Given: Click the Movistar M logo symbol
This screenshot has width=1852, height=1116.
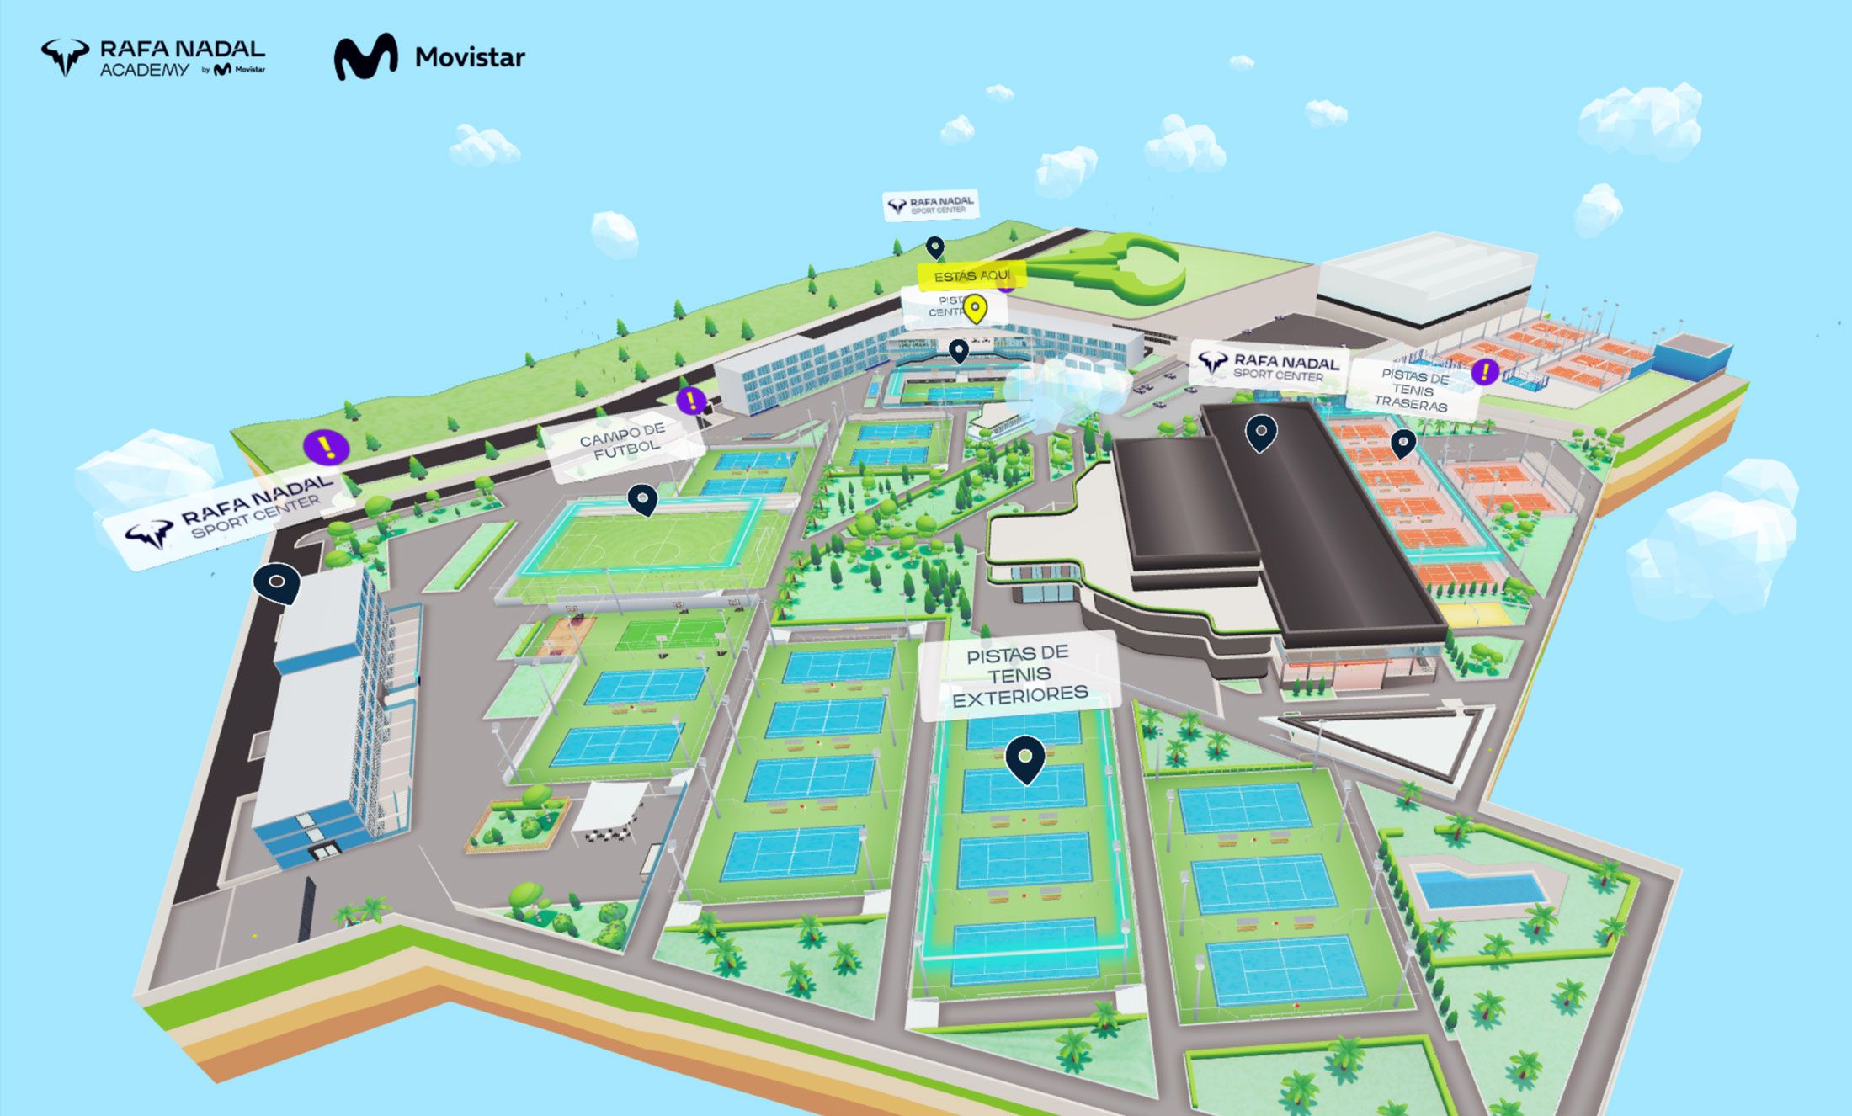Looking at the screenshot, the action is tap(365, 57).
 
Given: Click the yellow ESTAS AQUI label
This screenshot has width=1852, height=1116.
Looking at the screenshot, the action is tap(971, 275).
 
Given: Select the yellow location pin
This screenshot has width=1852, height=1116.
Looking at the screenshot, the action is tap(975, 308).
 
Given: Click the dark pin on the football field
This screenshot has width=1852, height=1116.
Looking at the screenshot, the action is tap(642, 499).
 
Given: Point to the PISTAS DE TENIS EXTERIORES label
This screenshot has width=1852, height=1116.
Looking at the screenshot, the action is tap(1019, 674).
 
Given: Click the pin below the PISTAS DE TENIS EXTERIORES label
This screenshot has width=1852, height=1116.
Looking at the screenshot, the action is tap(1025, 757).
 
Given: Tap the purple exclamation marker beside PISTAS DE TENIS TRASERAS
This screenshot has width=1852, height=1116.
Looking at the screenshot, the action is tap(1485, 371).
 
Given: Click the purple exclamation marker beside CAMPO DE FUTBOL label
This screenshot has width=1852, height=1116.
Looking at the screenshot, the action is tap(691, 401).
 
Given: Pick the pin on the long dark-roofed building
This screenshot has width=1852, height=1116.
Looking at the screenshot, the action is tap(1261, 433).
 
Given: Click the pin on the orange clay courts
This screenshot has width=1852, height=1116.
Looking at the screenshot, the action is tap(1403, 443).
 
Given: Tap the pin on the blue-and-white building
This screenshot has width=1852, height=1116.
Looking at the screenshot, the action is tap(277, 582).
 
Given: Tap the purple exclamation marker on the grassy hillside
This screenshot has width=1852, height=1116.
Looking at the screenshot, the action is tap(327, 447).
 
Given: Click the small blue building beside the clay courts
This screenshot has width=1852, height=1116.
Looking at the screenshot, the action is tap(1690, 353).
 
